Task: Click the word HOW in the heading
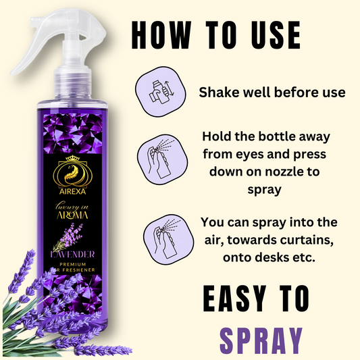tap(161, 35)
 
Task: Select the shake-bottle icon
tap(161, 92)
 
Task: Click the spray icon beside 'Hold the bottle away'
tap(162, 159)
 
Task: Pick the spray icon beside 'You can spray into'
tap(168, 239)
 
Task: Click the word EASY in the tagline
tap(235, 299)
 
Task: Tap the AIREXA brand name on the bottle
tap(72, 191)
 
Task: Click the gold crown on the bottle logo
tap(72, 158)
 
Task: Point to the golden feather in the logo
tap(72, 174)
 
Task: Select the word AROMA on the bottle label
tap(72, 215)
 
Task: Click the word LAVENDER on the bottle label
tap(72, 255)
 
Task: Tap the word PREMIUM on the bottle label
tap(72, 264)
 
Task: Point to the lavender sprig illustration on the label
tap(68, 236)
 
